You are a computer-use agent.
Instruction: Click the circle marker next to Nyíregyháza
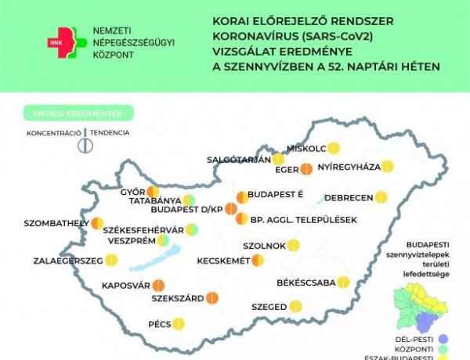[x=387, y=166]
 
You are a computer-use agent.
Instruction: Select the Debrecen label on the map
[x=347, y=197]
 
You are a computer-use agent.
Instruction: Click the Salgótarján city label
[x=238, y=159]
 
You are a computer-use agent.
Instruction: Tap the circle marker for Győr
[x=153, y=192]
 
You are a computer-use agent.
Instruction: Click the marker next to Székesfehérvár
[x=191, y=229]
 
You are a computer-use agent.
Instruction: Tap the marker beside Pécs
[x=178, y=323]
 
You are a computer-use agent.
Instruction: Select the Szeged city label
[x=269, y=307]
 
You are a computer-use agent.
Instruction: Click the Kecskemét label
[x=222, y=261]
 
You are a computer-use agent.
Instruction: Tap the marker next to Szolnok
[x=293, y=245]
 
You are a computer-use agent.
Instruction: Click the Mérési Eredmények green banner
[x=78, y=113]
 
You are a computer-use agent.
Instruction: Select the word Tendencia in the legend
[x=110, y=133]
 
